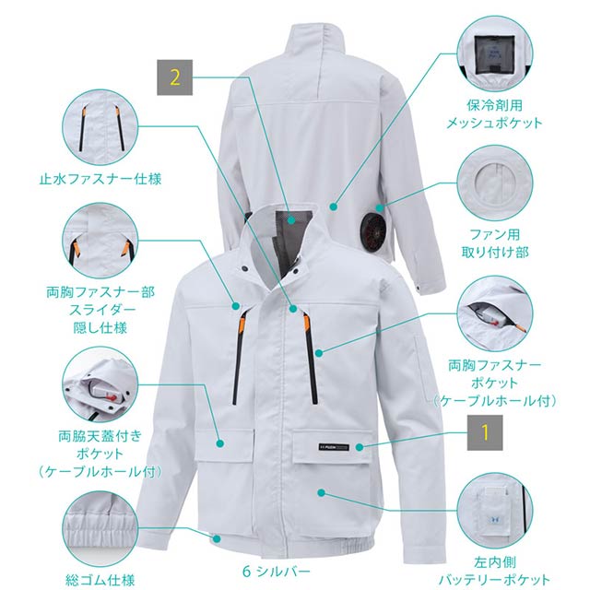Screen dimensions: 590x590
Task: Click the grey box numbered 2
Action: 174,77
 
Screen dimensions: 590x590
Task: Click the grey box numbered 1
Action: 485,432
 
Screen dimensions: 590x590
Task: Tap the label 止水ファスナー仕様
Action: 100,179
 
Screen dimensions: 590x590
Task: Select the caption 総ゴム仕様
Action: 100,579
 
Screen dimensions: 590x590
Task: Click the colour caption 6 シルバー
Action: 277,572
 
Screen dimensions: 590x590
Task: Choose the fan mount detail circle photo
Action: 495,183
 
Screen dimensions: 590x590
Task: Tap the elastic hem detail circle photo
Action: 100,529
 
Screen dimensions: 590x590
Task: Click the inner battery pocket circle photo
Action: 495,512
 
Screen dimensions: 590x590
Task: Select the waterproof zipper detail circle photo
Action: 100,128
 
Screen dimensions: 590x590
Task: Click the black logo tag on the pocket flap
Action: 334,447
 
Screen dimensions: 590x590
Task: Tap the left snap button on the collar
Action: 245,269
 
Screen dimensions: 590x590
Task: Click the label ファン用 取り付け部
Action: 495,243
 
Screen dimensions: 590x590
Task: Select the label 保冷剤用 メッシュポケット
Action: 495,113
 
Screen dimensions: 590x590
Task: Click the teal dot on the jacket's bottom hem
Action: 217,538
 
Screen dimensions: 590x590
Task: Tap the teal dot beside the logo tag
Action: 359,447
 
